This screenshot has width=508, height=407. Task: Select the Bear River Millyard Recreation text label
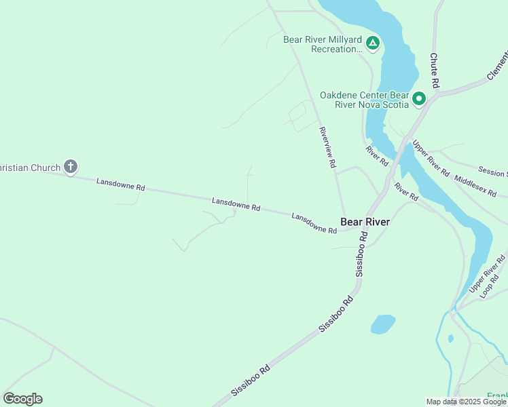(323, 44)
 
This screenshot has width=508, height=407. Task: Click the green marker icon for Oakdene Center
(419, 100)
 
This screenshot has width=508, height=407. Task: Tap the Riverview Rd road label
(328, 147)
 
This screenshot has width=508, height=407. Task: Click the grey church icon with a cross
(71, 167)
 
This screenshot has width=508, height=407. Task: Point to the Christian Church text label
(31, 167)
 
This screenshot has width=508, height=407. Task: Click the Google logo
(22, 399)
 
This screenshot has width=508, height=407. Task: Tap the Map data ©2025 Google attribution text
(467, 402)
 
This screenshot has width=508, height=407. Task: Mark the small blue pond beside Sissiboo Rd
(383, 324)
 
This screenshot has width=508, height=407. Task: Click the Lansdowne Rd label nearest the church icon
(121, 184)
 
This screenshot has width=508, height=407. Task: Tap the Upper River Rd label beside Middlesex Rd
(431, 158)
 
